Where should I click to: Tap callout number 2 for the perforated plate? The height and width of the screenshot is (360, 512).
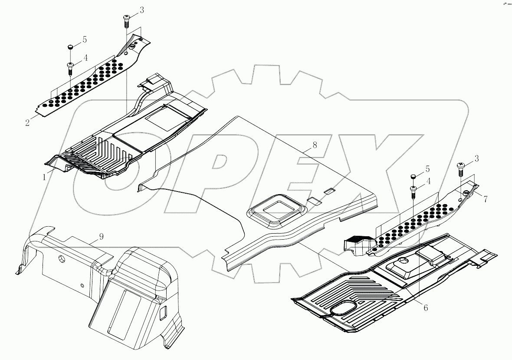pos(27,122)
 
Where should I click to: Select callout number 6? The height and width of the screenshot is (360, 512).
pos(426,307)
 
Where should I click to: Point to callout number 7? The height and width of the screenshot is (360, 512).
pos(485,199)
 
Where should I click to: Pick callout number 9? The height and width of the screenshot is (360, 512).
pos(101,237)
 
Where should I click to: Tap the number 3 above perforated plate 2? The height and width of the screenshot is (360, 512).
pos(142,10)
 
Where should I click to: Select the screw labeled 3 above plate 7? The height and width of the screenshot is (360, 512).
pos(461,167)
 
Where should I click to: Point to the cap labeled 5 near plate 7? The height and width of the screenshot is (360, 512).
pos(413,176)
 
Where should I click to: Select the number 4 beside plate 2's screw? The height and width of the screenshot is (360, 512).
pos(85,57)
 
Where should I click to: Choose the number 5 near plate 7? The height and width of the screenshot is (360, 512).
pos(427,168)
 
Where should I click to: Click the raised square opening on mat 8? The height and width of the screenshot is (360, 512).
pos(276,211)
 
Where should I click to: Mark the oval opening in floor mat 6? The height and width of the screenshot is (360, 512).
pos(344,308)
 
